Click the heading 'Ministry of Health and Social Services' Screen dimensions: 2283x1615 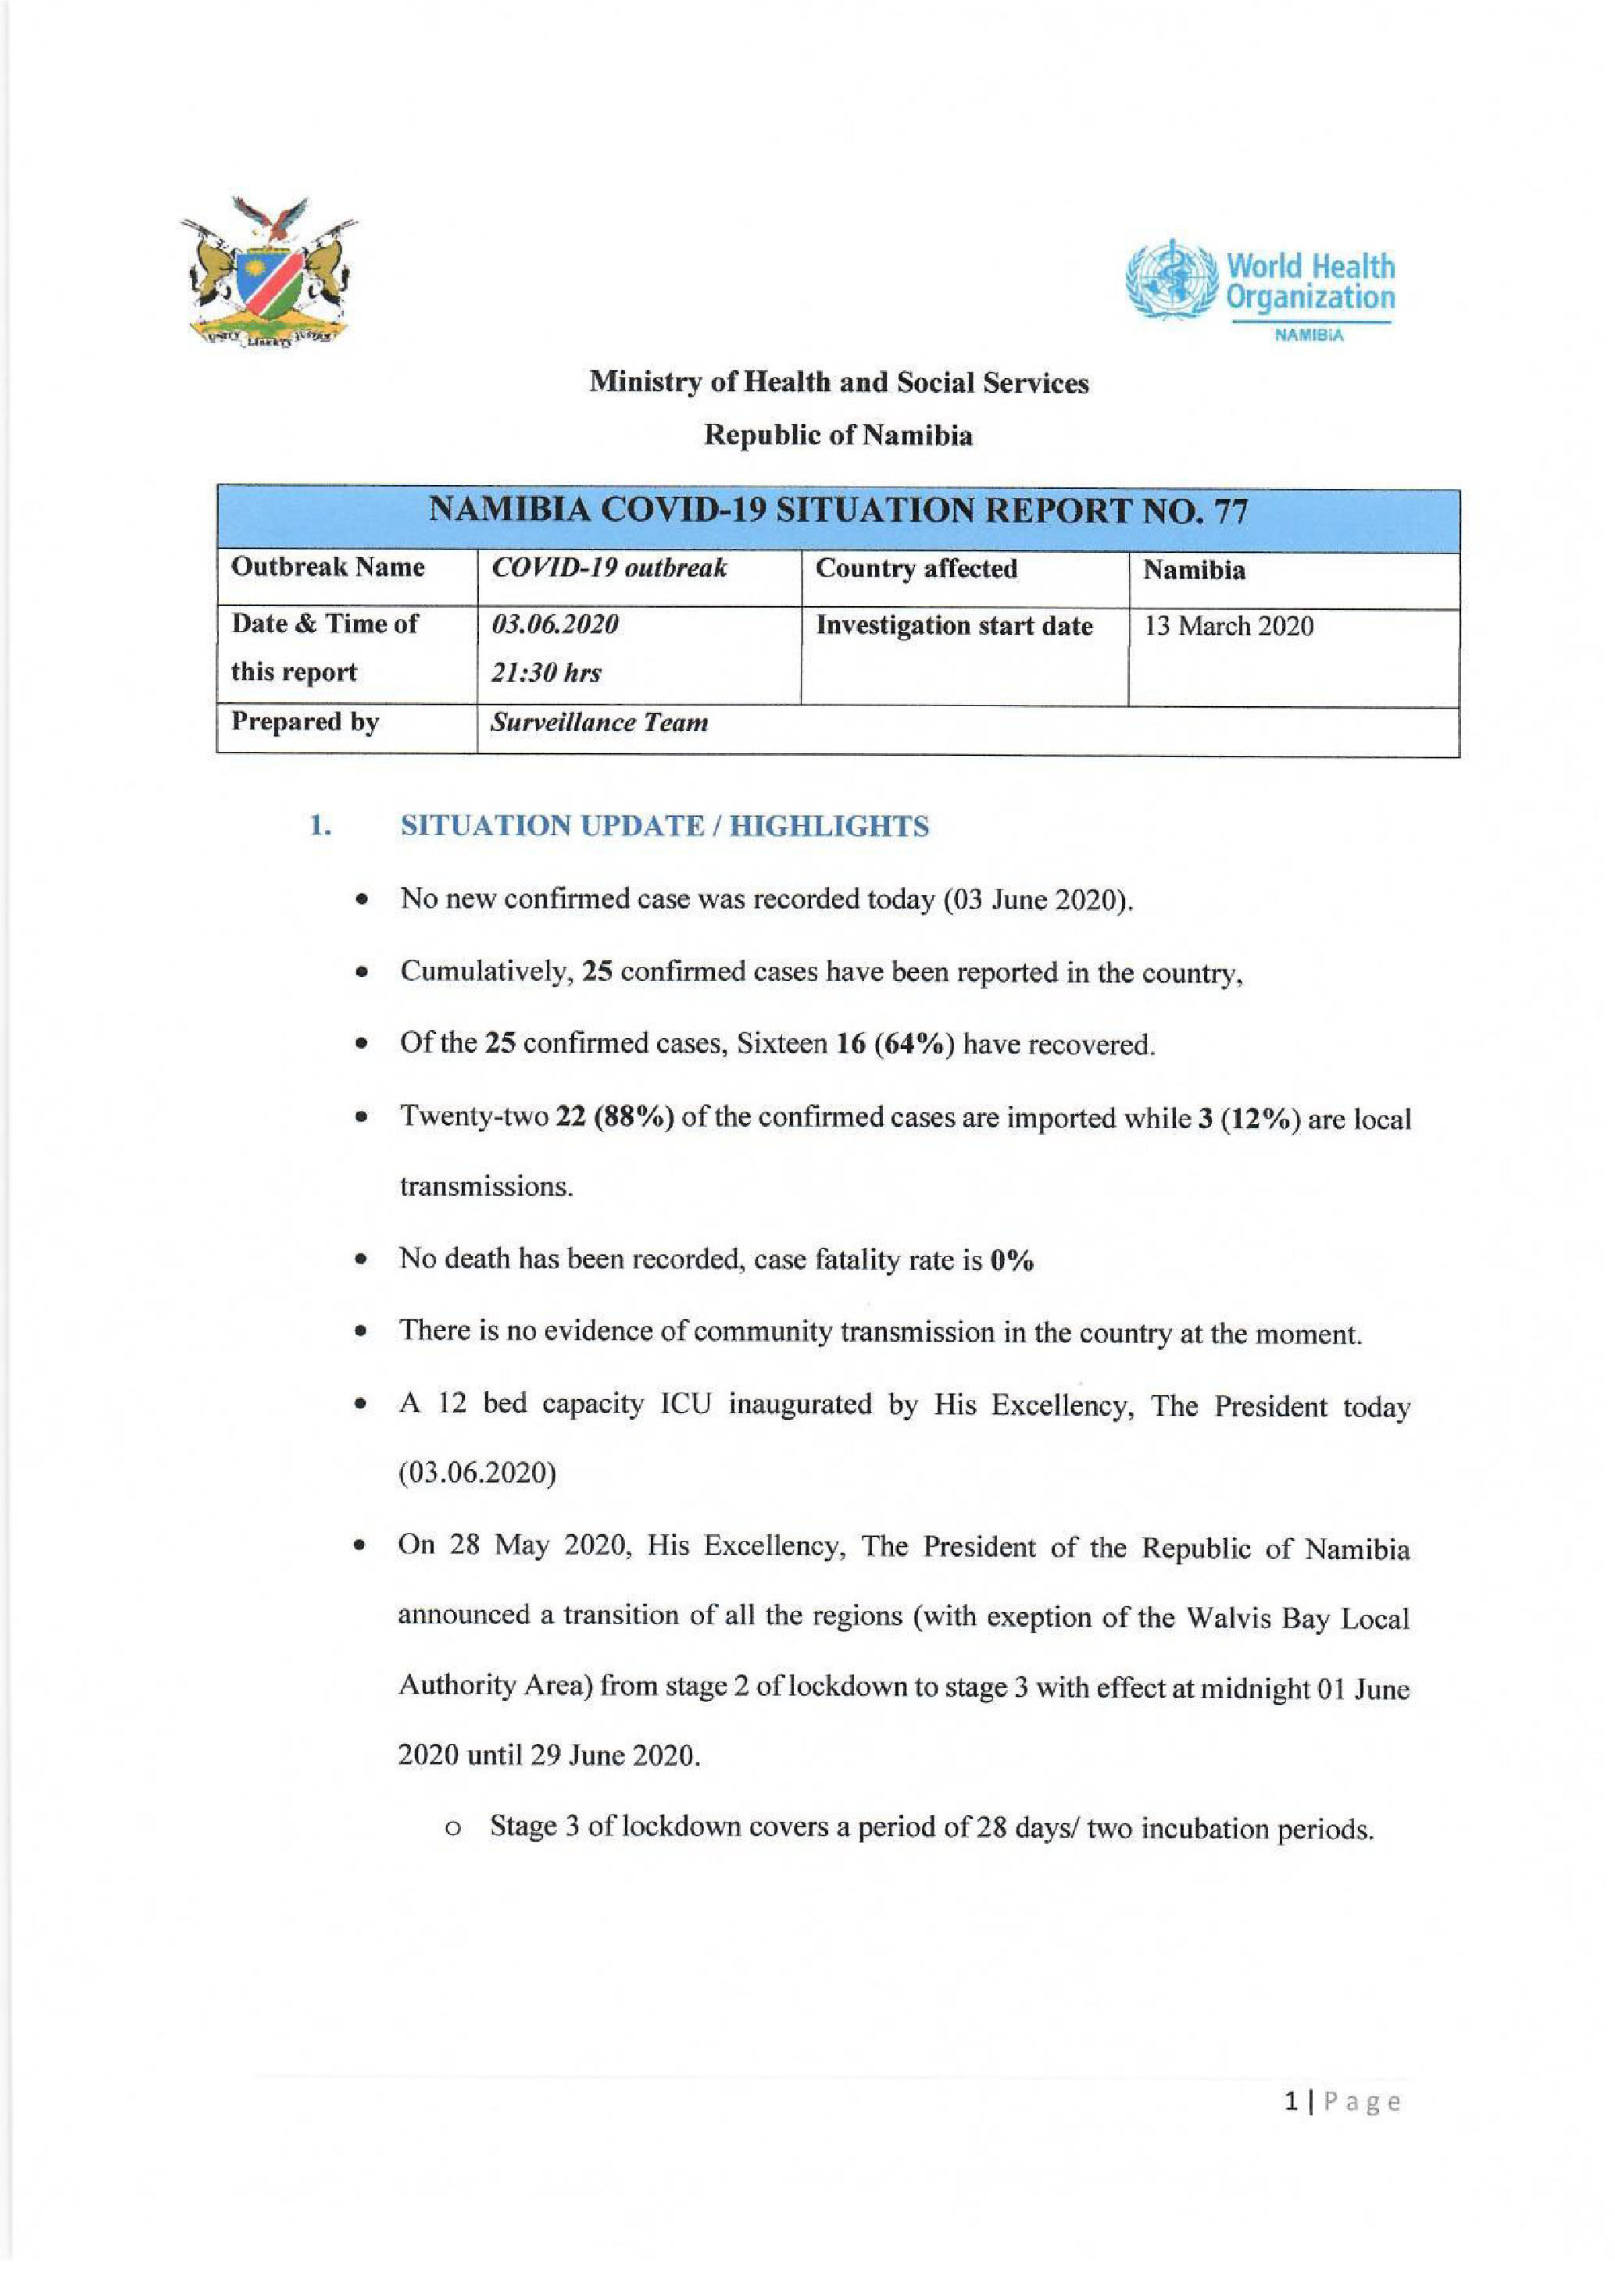838,383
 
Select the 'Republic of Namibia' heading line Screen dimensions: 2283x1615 838,436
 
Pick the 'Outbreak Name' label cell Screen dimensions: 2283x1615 328,568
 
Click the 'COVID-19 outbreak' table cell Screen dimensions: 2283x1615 609,568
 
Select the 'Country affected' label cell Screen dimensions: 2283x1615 916,569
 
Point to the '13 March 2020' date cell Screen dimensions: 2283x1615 1228,626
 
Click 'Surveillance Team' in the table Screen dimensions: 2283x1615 598,723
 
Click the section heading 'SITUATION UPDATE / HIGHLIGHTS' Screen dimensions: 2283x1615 664,826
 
